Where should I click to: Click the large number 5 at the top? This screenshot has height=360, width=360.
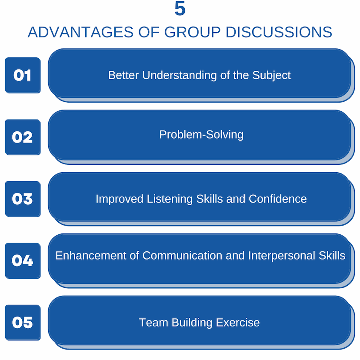coord(180,9)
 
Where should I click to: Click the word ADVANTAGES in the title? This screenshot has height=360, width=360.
coord(80,32)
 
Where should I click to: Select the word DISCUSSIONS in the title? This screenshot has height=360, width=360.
coord(279,32)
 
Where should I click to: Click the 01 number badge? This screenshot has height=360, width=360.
coord(23,75)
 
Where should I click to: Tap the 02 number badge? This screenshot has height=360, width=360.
coord(23,137)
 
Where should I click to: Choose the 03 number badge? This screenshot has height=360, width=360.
coord(23,199)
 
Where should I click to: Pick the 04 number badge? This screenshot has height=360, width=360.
coord(23,261)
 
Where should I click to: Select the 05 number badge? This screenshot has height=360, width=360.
coord(23,322)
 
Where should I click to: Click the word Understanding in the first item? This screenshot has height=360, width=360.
coord(179,76)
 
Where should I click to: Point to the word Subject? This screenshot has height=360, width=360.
coord(271,76)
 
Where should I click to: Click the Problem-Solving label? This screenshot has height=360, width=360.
coord(201,135)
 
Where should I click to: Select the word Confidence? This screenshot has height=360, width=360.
coord(277,199)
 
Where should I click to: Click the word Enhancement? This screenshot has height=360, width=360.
coord(91,256)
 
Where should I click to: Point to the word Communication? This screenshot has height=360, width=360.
coord(182,256)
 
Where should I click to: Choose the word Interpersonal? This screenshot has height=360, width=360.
coord(282,256)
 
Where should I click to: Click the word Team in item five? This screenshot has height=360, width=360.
coord(153,323)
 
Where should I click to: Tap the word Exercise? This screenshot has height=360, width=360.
coord(238,323)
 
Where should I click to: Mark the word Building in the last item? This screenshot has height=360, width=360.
coord(192,323)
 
